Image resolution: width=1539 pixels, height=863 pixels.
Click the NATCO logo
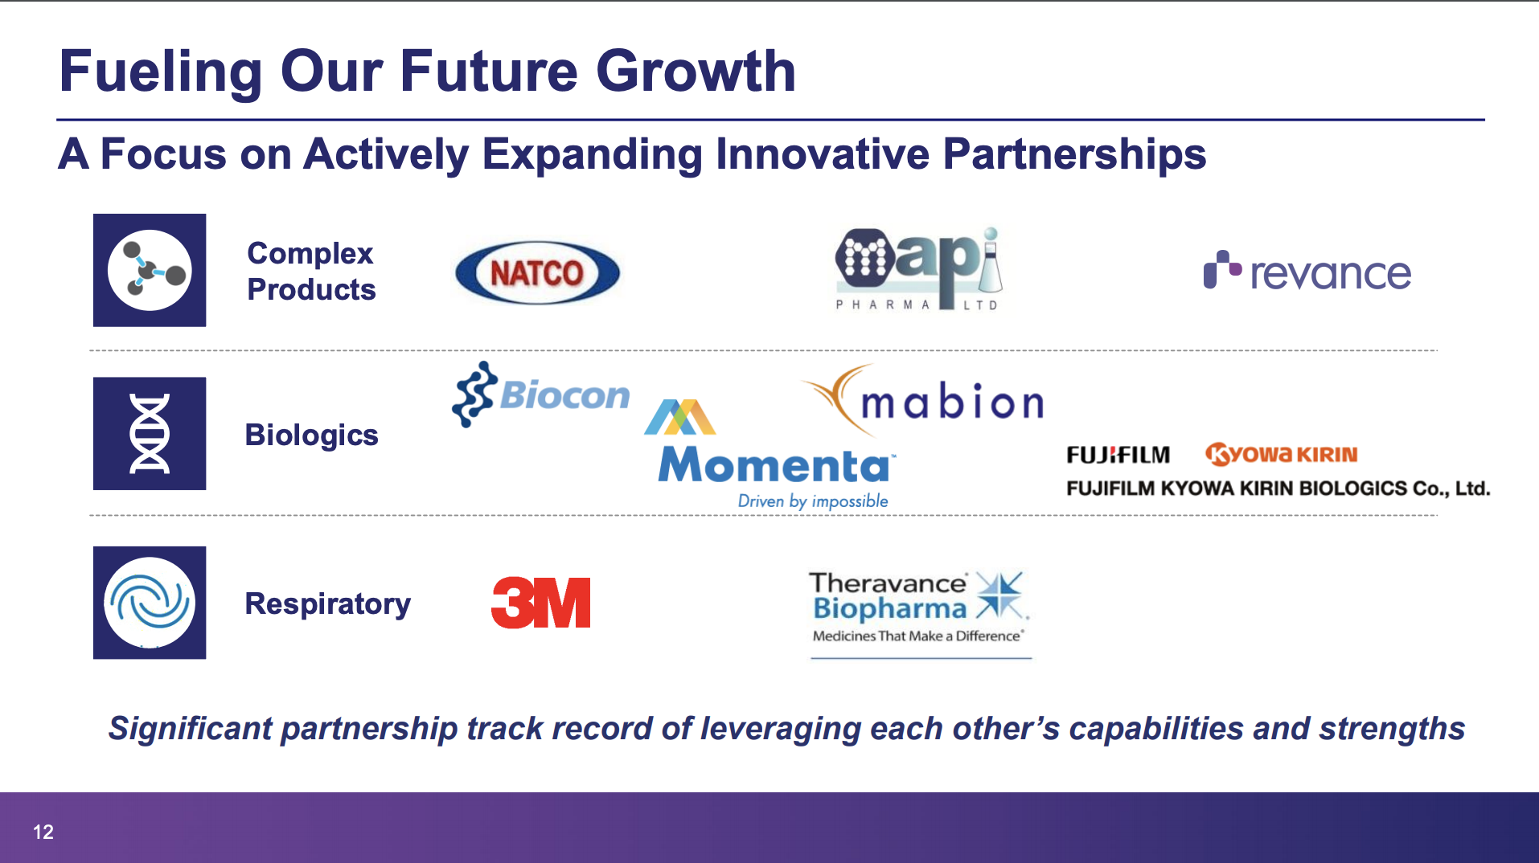coord(537,273)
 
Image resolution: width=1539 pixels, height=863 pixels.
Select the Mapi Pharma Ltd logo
coord(919,268)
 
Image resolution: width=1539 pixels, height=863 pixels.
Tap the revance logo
coord(1307,272)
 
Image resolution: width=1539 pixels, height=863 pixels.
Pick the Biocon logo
coord(540,394)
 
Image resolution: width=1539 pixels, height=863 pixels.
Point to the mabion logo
coord(922,399)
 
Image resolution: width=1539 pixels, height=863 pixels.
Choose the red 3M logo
coord(540,603)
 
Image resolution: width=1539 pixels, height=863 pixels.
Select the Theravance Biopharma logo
coord(920,612)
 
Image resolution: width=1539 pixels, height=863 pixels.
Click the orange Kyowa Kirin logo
coord(1281,454)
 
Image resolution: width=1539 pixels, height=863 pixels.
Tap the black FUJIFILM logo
coord(1118,455)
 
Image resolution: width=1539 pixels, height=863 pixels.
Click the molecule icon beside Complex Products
coord(150,270)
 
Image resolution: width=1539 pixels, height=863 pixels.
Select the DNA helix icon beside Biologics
coord(150,433)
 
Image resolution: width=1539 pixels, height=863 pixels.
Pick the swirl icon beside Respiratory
coord(150,603)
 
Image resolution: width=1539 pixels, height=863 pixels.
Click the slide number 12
coord(43,832)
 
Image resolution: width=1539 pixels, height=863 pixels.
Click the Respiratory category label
coord(328,603)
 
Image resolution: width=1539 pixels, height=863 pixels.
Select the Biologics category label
coord(311,435)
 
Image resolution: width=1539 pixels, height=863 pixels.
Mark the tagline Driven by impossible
coord(813,501)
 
